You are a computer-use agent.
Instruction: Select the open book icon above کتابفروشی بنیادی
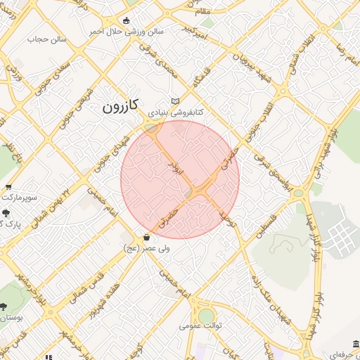pyautogui.click(x=175, y=101)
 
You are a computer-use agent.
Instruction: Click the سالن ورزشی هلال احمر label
pyautogui.click(x=126, y=32)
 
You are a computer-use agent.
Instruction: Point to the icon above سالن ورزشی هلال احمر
pyautogui.click(x=126, y=20)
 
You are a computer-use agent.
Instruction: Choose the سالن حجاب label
pyautogui.click(x=46, y=39)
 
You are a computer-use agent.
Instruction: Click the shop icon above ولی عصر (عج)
pyautogui.click(x=146, y=237)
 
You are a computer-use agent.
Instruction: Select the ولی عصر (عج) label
pyautogui.click(x=146, y=248)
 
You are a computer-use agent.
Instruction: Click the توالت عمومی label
pyautogui.click(x=200, y=326)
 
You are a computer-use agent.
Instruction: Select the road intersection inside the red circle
pyautogui.click(x=198, y=191)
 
